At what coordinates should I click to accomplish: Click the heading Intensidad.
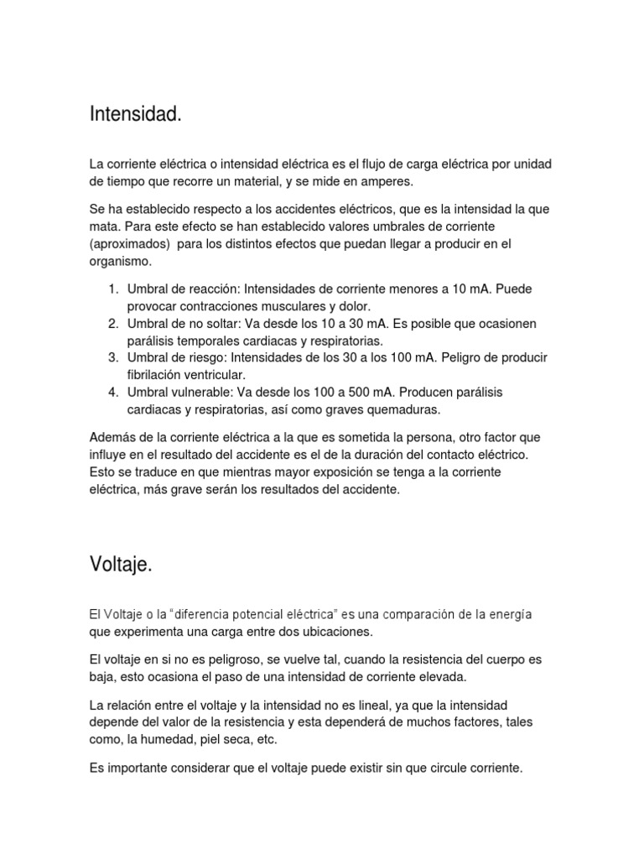pos(135,115)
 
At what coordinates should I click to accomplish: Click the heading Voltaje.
pos(121,565)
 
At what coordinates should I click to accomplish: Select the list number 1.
pos(112,289)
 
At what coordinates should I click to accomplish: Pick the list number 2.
pos(112,324)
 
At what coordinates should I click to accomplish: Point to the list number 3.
pos(112,358)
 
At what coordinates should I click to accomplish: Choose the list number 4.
pos(112,393)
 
